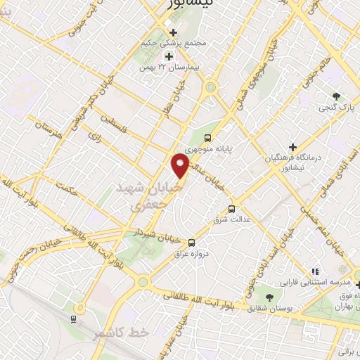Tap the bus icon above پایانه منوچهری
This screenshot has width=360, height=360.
click(x=207, y=138)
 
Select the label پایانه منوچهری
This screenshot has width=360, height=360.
click(x=208, y=149)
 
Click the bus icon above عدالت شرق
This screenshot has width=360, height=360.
click(x=231, y=209)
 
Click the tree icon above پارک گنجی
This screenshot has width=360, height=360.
click(x=337, y=96)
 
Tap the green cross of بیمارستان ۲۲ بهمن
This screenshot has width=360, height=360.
click(x=168, y=56)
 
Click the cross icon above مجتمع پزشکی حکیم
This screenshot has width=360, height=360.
click(x=174, y=32)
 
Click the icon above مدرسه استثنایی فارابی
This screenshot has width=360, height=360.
click(x=315, y=271)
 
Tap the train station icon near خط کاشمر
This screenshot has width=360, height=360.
click(x=73, y=319)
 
